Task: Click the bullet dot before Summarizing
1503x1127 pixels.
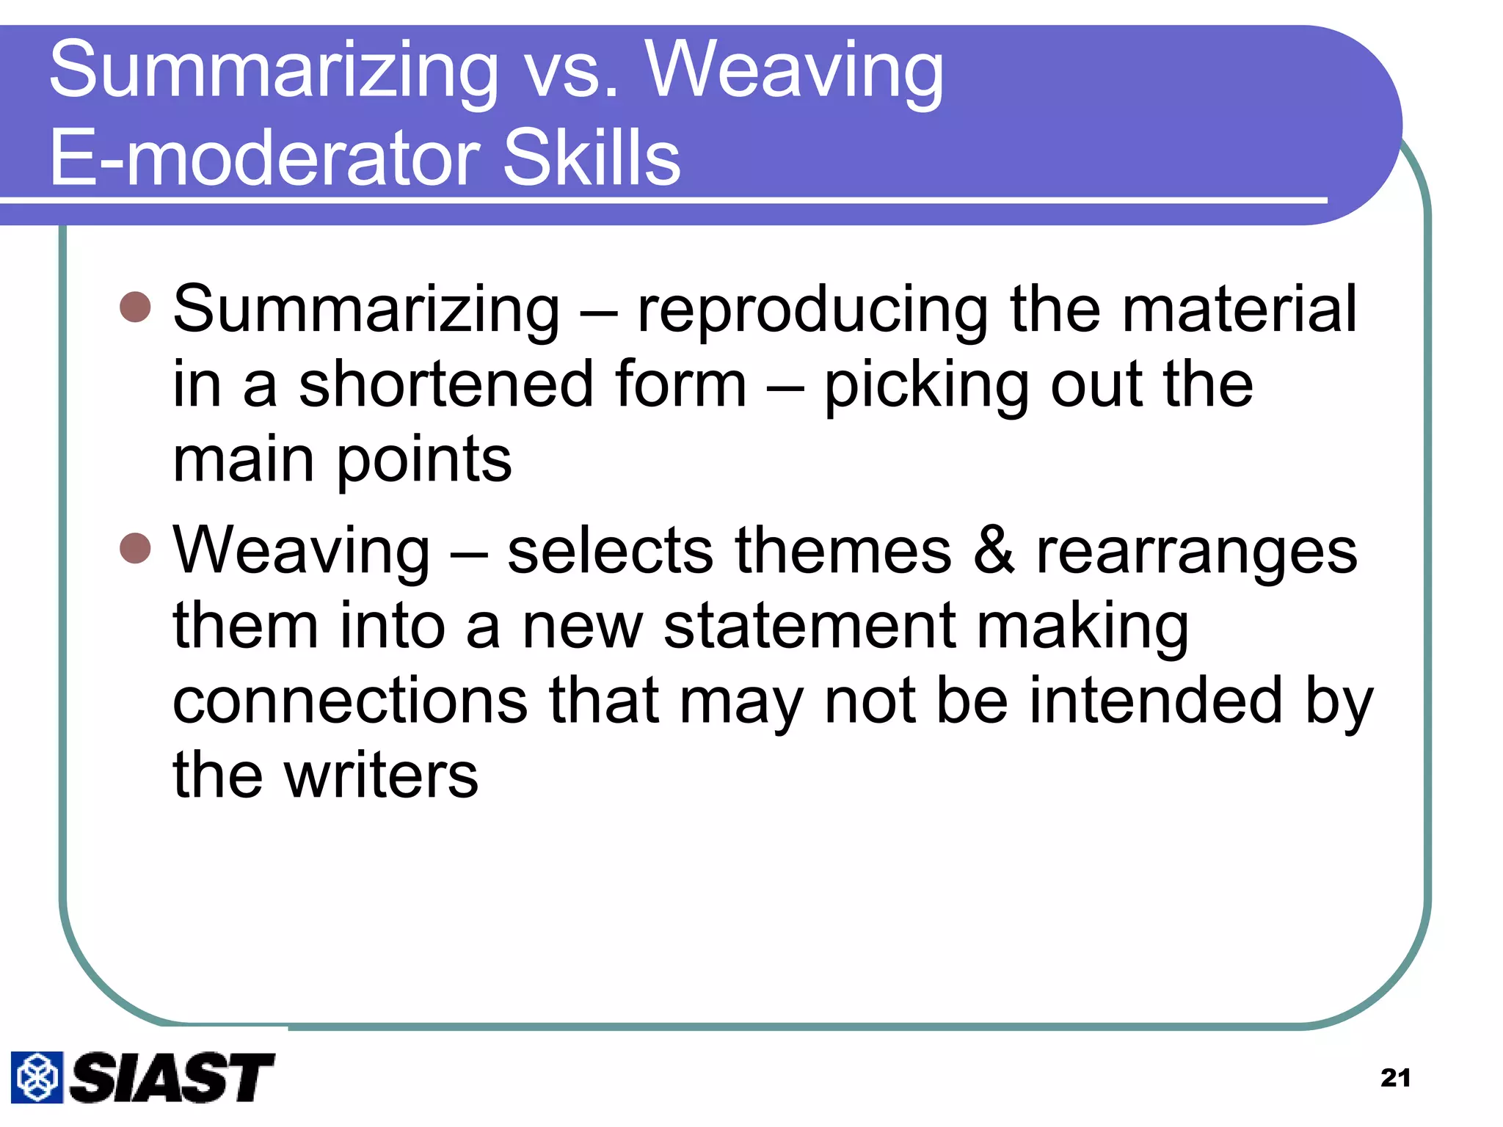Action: coord(135,307)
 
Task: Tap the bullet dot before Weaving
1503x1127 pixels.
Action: coord(135,548)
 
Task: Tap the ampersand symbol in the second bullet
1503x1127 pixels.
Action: coord(994,550)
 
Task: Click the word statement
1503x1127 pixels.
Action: coord(809,626)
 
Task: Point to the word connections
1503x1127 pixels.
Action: coord(349,701)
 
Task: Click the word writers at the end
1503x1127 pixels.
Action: coord(382,776)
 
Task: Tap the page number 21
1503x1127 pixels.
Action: coord(1395,1078)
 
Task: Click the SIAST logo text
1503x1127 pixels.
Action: coord(172,1077)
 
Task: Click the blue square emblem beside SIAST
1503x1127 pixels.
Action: coord(37,1077)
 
